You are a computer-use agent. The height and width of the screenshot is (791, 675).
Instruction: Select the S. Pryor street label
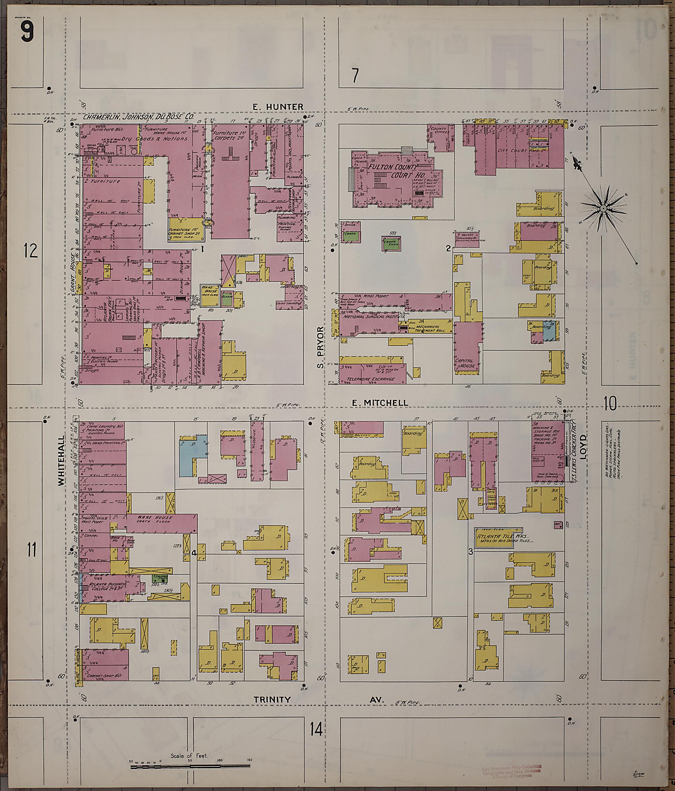pyautogui.click(x=320, y=347)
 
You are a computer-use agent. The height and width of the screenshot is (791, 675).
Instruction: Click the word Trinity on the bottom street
pyautogui.click(x=272, y=700)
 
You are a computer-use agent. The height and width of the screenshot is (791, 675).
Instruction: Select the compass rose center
pyautogui.click(x=603, y=208)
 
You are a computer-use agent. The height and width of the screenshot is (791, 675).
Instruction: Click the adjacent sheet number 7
pyautogui.click(x=355, y=75)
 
